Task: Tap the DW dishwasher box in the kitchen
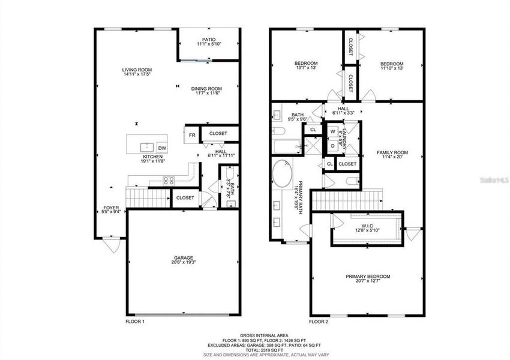pyautogui.click(x=162, y=148)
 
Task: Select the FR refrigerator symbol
pyautogui.click(x=192, y=134)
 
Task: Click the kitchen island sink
pyautogui.click(x=146, y=147)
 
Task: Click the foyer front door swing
pyautogui.click(x=110, y=245)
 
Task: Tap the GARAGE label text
pyautogui.click(x=184, y=258)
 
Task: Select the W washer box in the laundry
pyautogui.click(x=332, y=131)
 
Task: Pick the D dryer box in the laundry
pyautogui.click(x=332, y=145)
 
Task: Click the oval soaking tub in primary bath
pyautogui.click(x=282, y=175)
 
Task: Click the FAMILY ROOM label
pyautogui.click(x=392, y=152)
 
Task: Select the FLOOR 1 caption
pyautogui.click(x=135, y=322)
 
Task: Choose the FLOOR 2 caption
pyautogui.click(x=319, y=322)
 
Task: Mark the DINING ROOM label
pyautogui.click(x=206, y=89)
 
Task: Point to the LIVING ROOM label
pyautogui.click(x=137, y=70)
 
